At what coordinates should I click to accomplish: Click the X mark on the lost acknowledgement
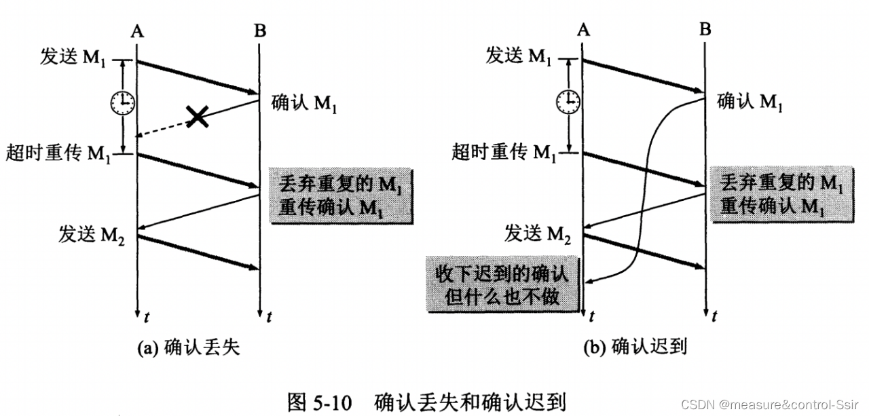tap(197, 116)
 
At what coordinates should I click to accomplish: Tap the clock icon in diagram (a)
tap(123, 102)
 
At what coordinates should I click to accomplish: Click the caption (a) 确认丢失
tap(188, 348)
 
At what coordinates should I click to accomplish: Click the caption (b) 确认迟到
tap(635, 347)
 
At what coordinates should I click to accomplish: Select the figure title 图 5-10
tap(320, 402)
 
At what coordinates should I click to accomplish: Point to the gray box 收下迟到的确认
tap(502, 284)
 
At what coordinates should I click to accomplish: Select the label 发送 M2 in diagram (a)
tap(92, 235)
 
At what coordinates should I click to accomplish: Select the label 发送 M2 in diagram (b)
tap(538, 235)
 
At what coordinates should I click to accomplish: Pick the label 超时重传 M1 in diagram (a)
tap(58, 153)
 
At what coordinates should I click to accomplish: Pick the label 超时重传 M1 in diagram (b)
tap(503, 153)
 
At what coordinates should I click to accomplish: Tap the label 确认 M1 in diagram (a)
tap(303, 103)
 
